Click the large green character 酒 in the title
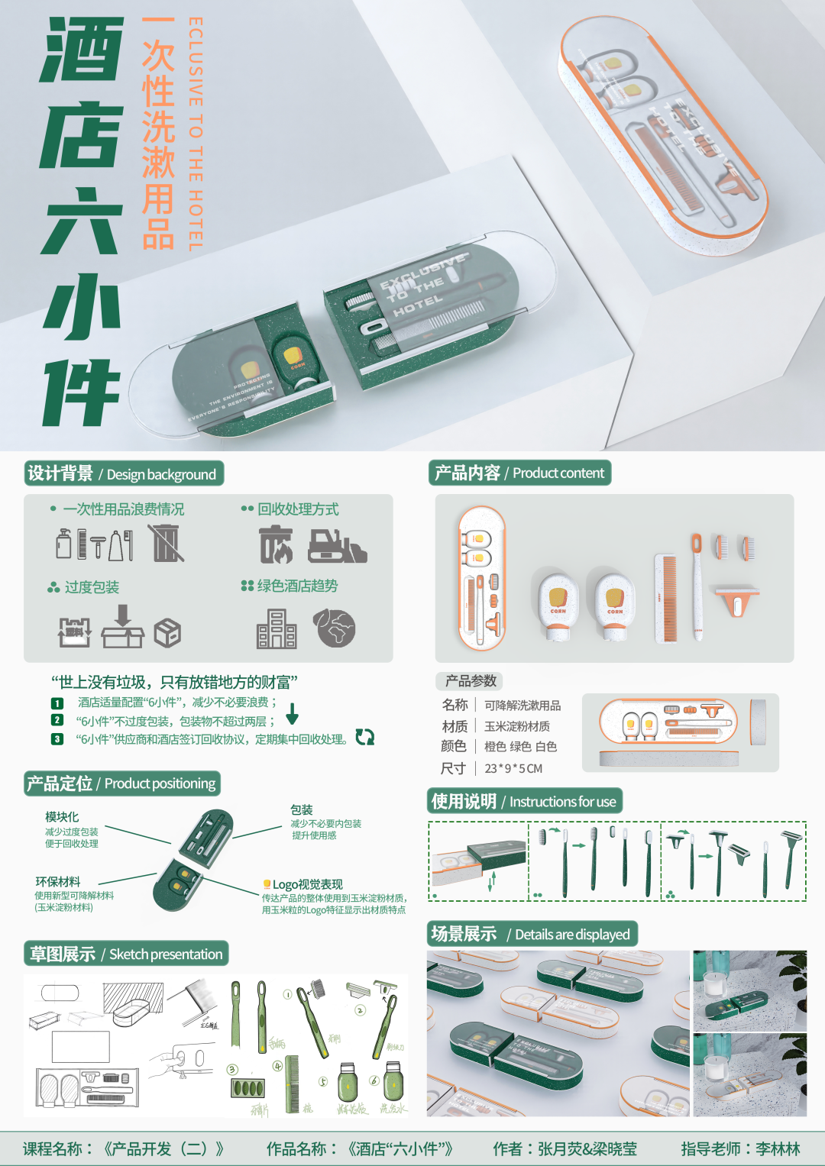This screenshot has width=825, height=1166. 82,50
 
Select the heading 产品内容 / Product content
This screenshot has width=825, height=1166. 519,473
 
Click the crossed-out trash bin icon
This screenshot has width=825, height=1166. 167,543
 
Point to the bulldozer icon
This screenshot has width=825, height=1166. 337,544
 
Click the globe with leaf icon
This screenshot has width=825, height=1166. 335,628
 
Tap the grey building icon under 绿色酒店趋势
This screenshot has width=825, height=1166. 277,629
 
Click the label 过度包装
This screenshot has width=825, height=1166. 92,587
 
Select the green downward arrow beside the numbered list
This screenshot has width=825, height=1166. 292,714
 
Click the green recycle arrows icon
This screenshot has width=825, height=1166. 365,737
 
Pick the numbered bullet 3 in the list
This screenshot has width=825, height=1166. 57,739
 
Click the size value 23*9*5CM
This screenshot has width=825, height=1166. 513,768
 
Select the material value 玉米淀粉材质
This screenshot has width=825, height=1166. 517,726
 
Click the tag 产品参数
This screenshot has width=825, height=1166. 471,680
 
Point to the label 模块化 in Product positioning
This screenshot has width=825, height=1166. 62,816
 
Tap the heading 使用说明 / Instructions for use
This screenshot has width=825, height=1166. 524,801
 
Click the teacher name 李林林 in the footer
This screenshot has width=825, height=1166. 778,1148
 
